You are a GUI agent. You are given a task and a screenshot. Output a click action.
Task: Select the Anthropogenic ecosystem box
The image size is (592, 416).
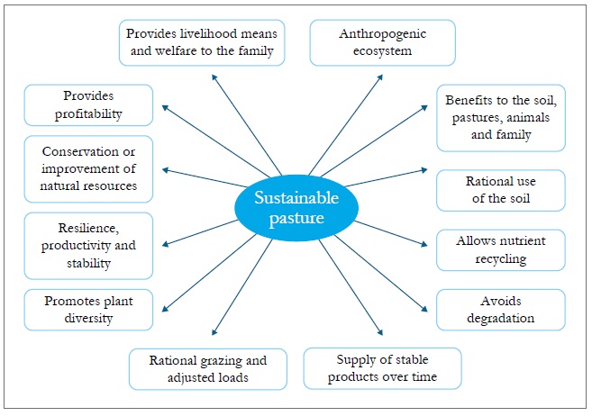click(382, 42)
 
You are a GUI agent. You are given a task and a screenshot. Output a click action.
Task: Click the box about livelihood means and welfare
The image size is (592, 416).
click(202, 41)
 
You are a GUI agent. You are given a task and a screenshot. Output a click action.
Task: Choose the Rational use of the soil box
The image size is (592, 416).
click(500, 190)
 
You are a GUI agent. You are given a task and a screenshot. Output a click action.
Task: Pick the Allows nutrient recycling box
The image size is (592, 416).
click(500, 250)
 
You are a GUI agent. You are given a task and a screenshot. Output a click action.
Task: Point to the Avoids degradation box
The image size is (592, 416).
click(500, 309)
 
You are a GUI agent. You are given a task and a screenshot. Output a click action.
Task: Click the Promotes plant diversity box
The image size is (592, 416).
click(88, 309)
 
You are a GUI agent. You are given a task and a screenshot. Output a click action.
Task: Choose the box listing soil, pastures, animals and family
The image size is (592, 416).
click(500, 118)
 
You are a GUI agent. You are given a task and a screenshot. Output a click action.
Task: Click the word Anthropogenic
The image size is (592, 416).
click(382, 34)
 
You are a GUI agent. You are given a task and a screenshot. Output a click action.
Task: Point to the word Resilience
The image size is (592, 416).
click(88, 228)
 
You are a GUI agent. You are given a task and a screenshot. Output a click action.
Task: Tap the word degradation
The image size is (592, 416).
click(500, 318)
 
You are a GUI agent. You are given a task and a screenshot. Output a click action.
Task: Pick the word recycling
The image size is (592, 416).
click(500, 259)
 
